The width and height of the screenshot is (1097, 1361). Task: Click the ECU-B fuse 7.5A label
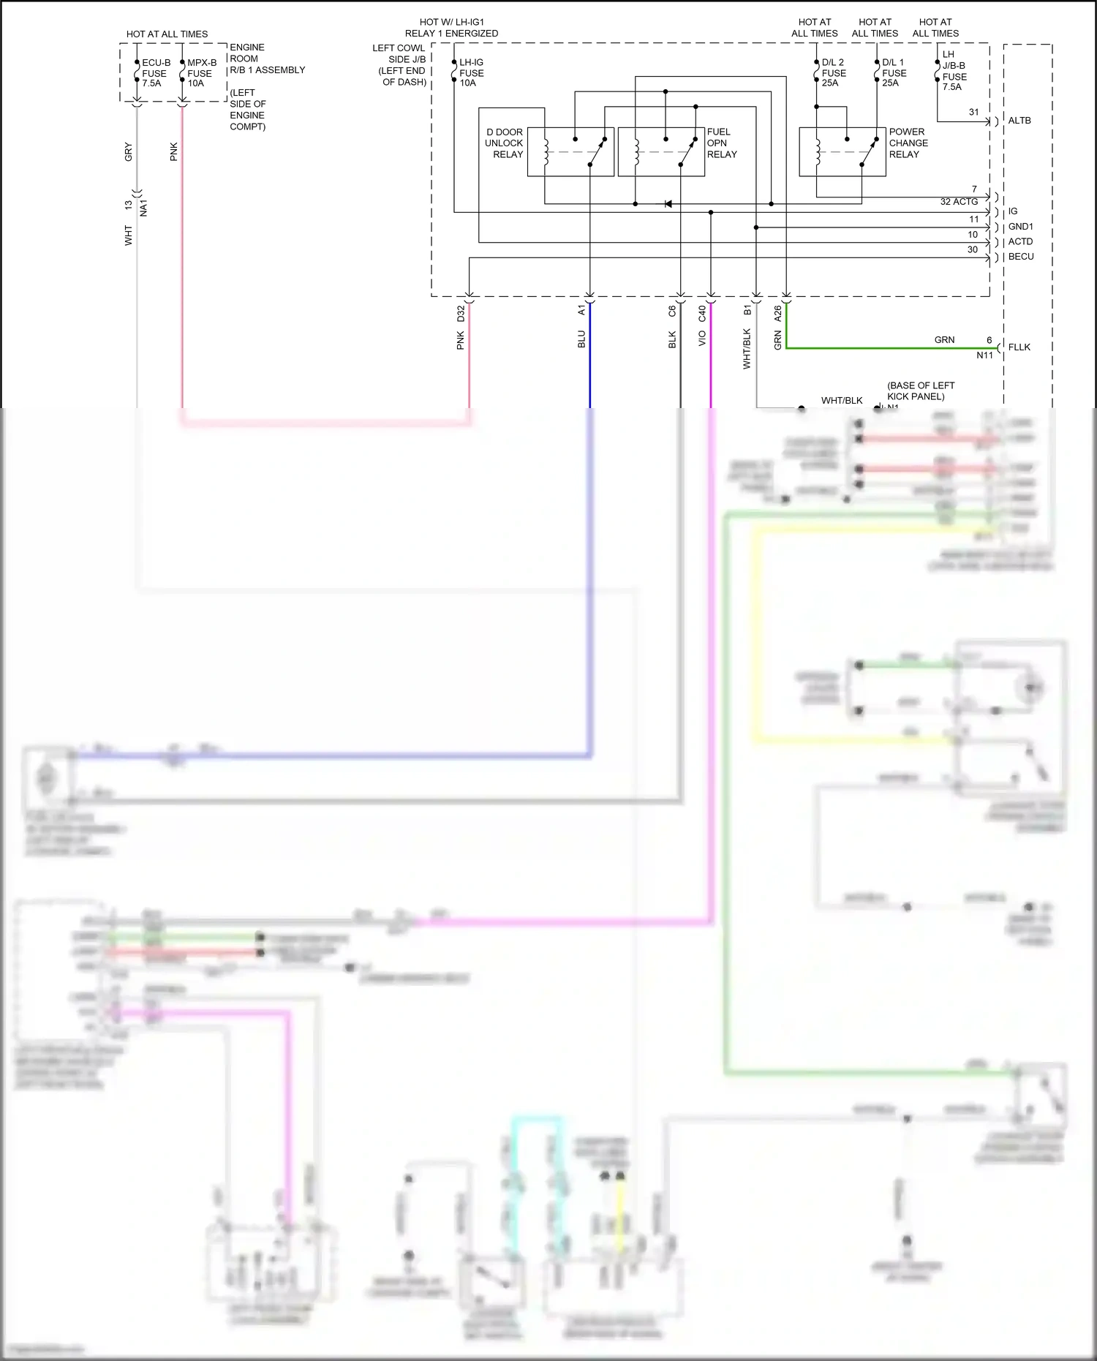[x=155, y=73]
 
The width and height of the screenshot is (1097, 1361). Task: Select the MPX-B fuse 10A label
[x=201, y=73]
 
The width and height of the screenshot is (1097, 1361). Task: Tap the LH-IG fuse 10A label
[x=471, y=72]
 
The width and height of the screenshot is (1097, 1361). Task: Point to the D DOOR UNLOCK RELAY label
[x=505, y=143]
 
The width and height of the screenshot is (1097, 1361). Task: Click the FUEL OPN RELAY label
[x=721, y=143]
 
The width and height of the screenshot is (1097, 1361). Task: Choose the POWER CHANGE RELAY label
[x=908, y=143]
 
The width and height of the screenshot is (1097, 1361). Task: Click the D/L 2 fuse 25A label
[x=833, y=72]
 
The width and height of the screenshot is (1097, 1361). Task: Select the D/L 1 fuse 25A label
[x=894, y=72]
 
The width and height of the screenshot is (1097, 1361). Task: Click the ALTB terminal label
[x=1019, y=121]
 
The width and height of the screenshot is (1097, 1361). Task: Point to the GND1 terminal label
[x=1020, y=227]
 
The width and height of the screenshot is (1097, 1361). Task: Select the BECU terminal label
[x=1021, y=257]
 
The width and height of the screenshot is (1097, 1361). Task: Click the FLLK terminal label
[x=1019, y=347]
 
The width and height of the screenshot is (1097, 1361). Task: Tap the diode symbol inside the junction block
[x=668, y=204]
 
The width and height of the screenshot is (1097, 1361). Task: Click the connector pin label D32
[x=461, y=313]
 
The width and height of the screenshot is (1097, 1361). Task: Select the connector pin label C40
[x=702, y=313]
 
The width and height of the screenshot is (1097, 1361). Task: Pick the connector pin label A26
[x=777, y=313]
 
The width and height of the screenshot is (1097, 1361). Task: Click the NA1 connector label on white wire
[x=143, y=208]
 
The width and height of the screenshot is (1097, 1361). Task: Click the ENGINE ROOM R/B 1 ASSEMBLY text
[x=266, y=59]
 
